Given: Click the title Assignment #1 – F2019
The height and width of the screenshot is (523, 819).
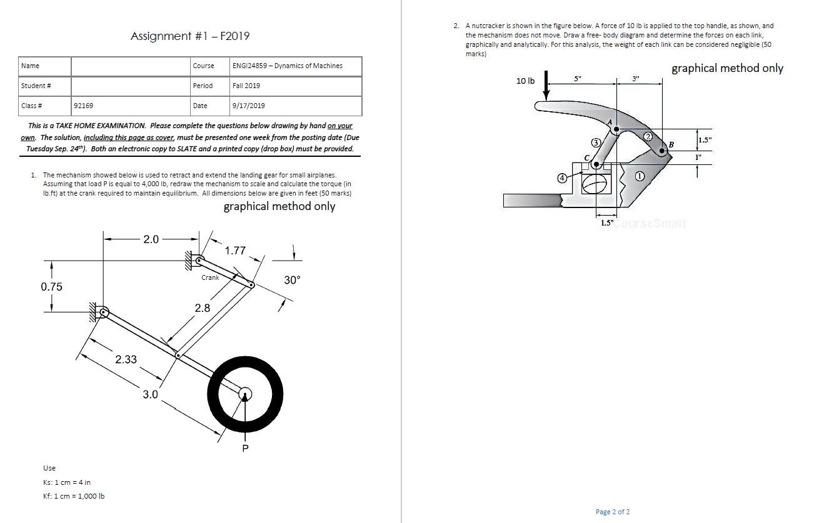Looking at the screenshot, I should click(190, 36).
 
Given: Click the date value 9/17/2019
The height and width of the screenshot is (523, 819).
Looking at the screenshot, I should click(248, 106).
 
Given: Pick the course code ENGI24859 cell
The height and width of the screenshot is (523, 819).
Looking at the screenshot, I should click(287, 66).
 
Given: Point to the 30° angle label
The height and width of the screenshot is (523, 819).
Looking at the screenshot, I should click(292, 280).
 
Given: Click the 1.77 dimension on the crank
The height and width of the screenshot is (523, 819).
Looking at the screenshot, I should click(235, 251).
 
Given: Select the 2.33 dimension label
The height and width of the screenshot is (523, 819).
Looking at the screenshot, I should click(126, 359).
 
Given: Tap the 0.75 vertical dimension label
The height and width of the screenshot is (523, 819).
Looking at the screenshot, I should click(51, 287).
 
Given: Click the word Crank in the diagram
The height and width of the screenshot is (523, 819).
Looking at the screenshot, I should click(210, 277).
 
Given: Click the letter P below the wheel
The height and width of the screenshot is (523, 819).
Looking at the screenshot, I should click(246, 449).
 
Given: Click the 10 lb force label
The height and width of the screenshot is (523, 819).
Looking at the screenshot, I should click(525, 81).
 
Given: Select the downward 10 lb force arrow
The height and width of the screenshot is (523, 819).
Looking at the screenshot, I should click(546, 85).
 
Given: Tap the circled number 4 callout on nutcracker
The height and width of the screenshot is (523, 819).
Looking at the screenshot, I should click(562, 178).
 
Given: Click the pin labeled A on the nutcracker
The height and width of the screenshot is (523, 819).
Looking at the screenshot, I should click(616, 129).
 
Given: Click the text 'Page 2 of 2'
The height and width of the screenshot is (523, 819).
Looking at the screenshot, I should click(613, 512).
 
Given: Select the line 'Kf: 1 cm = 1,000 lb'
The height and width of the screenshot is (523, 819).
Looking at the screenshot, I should click(74, 496).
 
